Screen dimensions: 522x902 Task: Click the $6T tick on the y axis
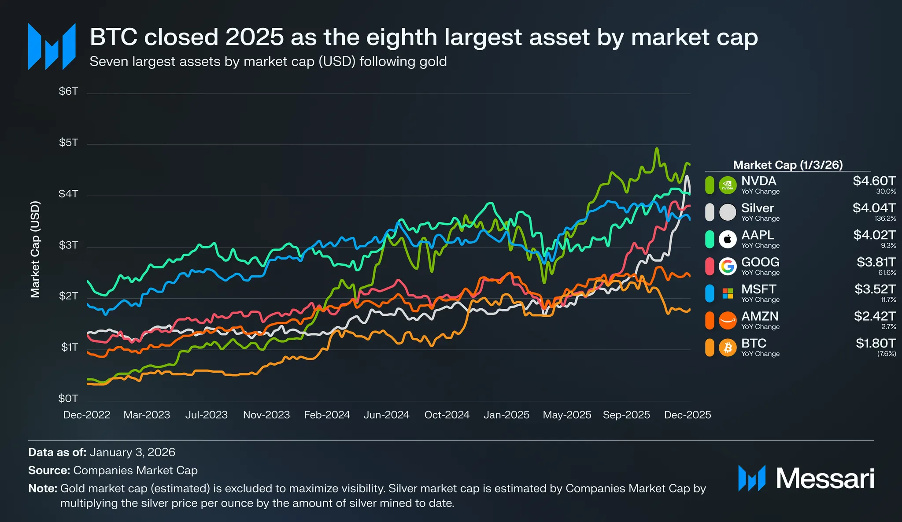(x=68, y=92)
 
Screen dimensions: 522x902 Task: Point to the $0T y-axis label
(x=68, y=399)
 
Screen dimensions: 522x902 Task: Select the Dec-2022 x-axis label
(x=87, y=415)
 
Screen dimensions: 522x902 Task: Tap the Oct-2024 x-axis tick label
(x=447, y=415)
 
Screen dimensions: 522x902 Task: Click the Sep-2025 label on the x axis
(x=626, y=415)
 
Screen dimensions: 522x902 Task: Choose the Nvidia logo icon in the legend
(x=728, y=185)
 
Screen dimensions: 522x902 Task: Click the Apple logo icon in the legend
(x=728, y=239)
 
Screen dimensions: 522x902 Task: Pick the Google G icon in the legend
(x=728, y=266)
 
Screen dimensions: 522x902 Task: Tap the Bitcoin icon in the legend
(x=728, y=348)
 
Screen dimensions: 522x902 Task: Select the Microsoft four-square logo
(x=728, y=293)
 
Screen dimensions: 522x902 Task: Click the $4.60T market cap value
(x=874, y=181)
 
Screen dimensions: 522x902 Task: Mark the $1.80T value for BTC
(x=876, y=343)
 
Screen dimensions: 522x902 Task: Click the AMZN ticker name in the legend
(x=760, y=316)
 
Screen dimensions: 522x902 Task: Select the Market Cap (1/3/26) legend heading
(x=788, y=165)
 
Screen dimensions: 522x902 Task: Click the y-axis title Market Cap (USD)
(x=35, y=249)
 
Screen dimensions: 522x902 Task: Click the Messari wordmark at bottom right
(x=824, y=478)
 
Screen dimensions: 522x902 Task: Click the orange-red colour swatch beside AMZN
(x=710, y=321)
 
